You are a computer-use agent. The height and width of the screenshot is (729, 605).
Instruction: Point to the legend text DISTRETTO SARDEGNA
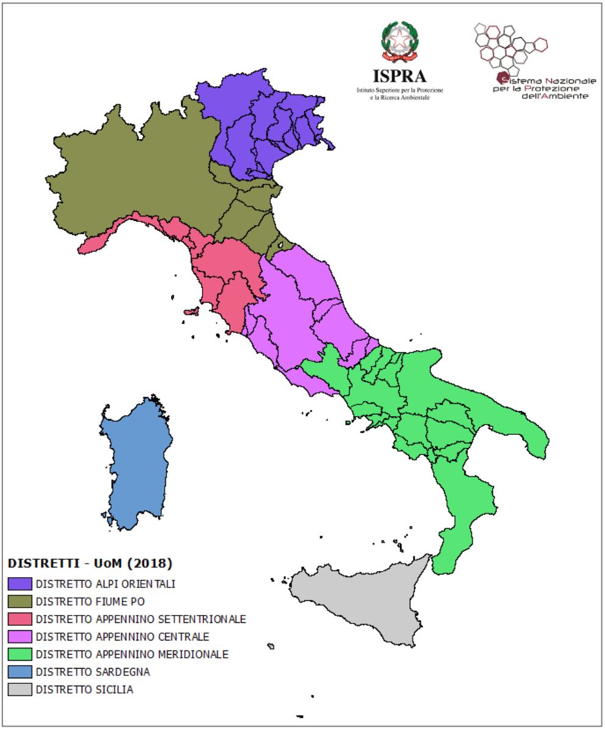click(x=93, y=672)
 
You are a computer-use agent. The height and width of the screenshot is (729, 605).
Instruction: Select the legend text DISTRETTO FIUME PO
click(x=90, y=602)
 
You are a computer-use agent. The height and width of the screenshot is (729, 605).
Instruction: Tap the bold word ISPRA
click(x=400, y=76)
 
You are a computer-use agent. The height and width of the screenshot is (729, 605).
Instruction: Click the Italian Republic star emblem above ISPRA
click(x=400, y=41)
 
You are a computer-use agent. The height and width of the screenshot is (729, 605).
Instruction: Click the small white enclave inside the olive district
click(x=281, y=245)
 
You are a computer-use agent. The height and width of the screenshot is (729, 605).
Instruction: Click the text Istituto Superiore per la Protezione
click(x=400, y=90)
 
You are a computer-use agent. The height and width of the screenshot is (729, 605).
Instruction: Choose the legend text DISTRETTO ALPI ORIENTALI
click(x=105, y=584)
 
